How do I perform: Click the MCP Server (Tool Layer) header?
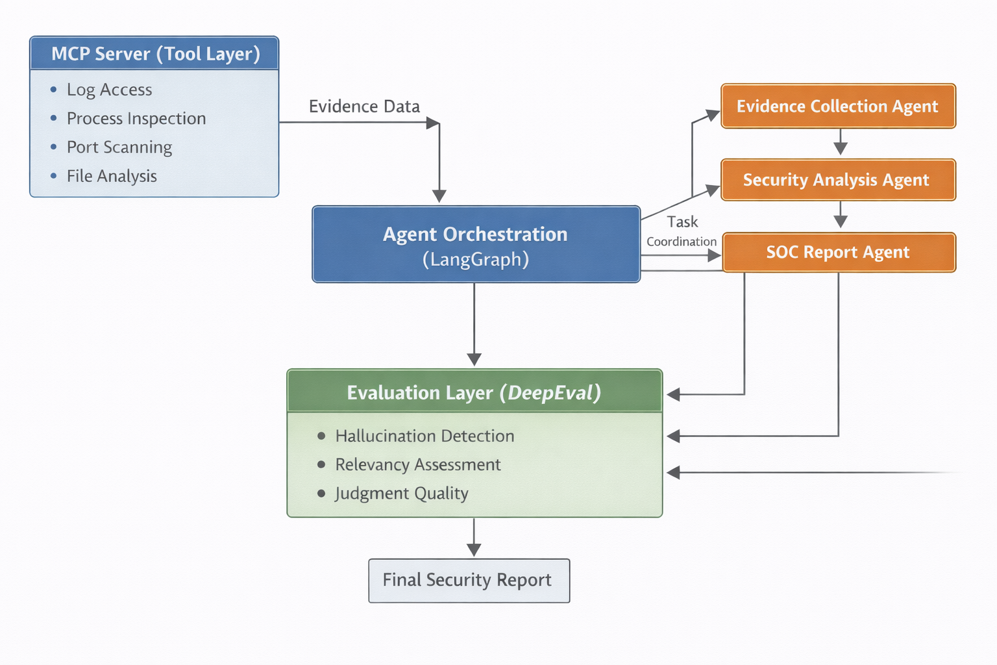tap(154, 54)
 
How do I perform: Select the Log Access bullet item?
tap(109, 90)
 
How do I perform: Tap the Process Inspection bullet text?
tap(136, 118)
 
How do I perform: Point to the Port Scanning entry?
tap(119, 147)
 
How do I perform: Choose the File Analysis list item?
tap(112, 176)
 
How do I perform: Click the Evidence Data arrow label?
tap(364, 107)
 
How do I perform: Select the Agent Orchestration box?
tap(476, 244)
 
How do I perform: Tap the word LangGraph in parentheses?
tap(476, 260)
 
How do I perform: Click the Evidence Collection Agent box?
tap(838, 106)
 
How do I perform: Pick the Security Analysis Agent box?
tap(838, 180)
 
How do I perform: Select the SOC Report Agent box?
tap(838, 252)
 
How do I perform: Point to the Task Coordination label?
tap(682, 231)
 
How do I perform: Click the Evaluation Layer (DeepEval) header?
tap(474, 392)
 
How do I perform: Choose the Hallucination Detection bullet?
tap(425, 436)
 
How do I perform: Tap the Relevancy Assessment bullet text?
tap(417, 465)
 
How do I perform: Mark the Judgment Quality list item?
tap(401, 494)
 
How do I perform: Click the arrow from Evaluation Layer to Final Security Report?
tap(474, 537)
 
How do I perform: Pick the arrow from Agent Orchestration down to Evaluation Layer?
tap(474, 325)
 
